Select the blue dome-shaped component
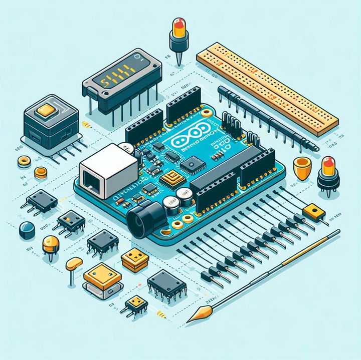pyautogui.click(x=27, y=230)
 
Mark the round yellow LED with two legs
pyautogui.click(x=51, y=245)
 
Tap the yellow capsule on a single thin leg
pyautogui.click(x=74, y=263)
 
